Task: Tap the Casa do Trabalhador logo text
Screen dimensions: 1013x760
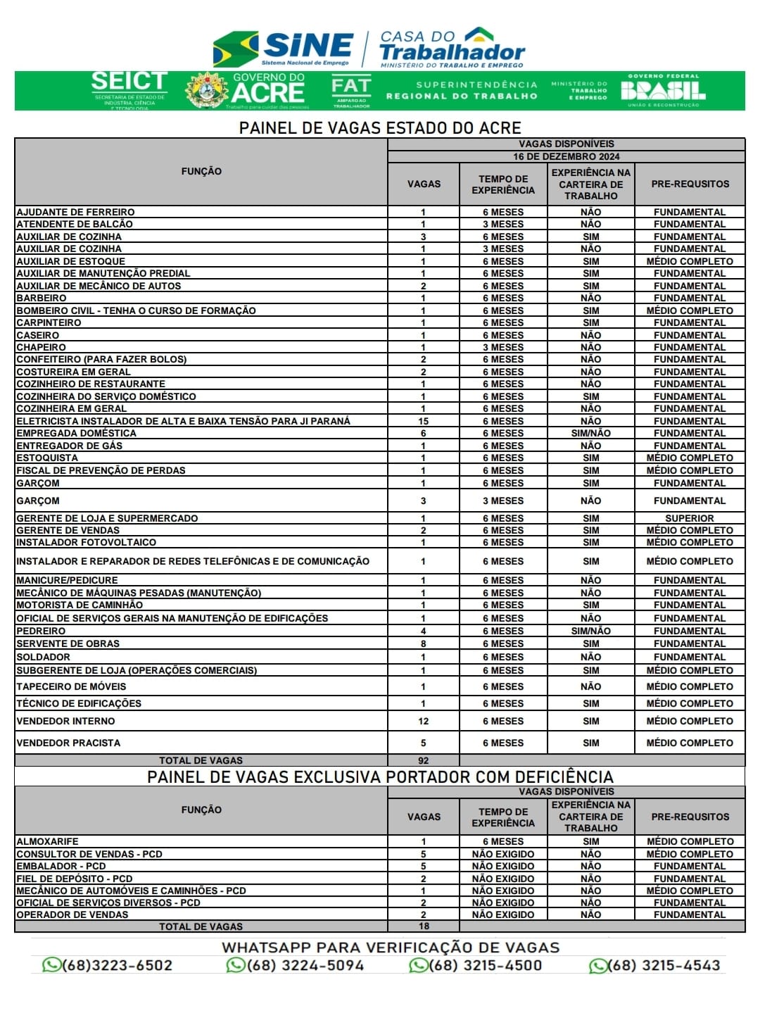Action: pyautogui.click(x=452, y=48)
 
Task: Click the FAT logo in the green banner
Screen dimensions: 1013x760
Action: pyautogui.click(x=351, y=90)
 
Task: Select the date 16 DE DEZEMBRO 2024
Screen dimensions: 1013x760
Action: pyautogui.click(x=566, y=156)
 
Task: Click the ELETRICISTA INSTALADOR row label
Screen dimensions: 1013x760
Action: pyautogui.click(x=183, y=421)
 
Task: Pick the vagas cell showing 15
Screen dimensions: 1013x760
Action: pyautogui.click(x=423, y=421)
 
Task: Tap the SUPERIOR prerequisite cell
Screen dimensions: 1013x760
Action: pyautogui.click(x=689, y=518)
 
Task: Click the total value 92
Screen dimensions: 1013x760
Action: pyautogui.click(x=423, y=760)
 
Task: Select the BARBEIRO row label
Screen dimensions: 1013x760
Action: pyautogui.click(x=42, y=298)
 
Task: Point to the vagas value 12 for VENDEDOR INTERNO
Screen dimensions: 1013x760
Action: pyautogui.click(x=423, y=721)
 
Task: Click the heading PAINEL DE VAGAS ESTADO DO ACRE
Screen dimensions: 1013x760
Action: pyautogui.click(x=380, y=128)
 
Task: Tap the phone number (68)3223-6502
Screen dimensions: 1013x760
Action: pyautogui.click(x=108, y=965)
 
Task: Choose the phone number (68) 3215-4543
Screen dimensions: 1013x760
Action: pyautogui.click(x=655, y=965)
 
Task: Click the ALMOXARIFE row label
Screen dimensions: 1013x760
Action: pyautogui.click(x=47, y=841)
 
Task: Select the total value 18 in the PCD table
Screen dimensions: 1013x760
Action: pyautogui.click(x=423, y=926)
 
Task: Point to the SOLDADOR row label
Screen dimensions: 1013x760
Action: pyautogui.click(x=43, y=657)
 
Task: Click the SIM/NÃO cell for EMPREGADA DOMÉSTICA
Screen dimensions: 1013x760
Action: pyautogui.click(x=590, y=434)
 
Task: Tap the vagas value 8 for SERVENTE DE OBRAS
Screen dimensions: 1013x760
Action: pyautogui.click(x=423, y=643)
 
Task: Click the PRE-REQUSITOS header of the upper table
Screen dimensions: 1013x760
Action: pyautogui.click(x=690, y=184)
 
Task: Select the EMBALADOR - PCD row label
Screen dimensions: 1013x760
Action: pyautogui.click(x=61, y=866)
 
